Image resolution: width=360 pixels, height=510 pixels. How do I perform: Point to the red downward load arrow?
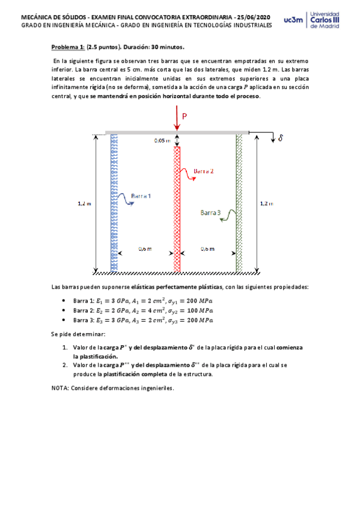pos(177,118)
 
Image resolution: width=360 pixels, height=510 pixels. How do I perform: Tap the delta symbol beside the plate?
pos(279,138)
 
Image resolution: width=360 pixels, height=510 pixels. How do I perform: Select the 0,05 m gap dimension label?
pos(162,140)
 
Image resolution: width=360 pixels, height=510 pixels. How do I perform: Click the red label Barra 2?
pos(204,171)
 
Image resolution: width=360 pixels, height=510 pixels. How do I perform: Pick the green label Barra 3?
pos(211,212)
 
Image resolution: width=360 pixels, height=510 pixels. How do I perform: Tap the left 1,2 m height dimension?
pos(85,203)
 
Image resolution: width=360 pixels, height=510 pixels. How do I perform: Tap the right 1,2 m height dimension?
pos(266,203)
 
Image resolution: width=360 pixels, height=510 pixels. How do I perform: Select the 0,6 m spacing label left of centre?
pos(145,248)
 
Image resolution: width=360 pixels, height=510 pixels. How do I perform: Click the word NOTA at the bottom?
pos(61,388)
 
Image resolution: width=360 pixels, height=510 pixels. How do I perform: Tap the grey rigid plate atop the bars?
pos(177,132)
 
